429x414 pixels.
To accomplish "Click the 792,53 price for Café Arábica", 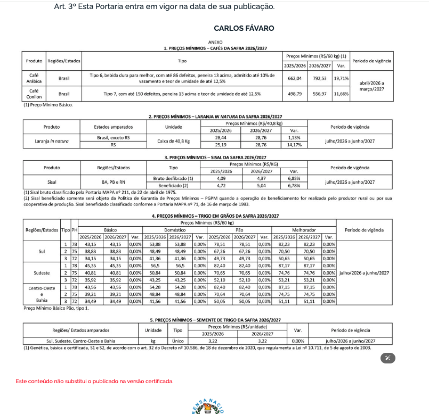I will tap(320, 78).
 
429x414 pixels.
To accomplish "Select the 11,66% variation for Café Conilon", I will tap(341, 93).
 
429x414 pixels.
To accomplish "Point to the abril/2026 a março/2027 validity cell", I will tap(371, 86).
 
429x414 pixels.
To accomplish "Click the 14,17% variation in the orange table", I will tap(294, 144).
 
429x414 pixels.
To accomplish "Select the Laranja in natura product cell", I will tap(51, 140).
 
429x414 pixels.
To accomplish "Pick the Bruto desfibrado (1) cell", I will tap(173, 178).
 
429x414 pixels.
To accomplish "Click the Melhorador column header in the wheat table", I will tap(304, 229).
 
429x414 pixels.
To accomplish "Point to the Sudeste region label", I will tap(42, 272).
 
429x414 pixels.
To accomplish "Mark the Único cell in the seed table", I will tap(178, 341).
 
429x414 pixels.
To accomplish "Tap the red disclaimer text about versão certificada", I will tap(94, 381).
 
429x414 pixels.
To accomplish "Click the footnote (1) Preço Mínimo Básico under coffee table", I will tap(48, 105).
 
